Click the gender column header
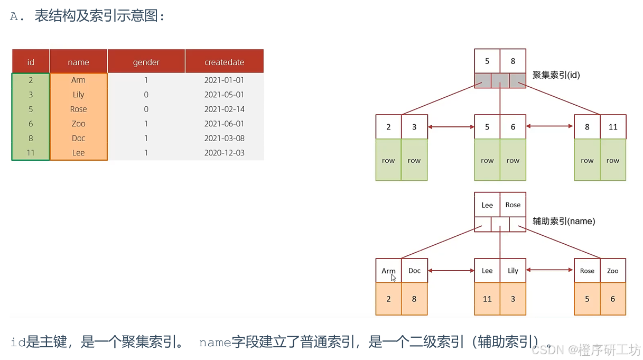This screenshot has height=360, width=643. click(146, 62)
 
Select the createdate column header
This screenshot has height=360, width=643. click(224, 62)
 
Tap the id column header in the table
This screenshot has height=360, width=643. click(31, 62)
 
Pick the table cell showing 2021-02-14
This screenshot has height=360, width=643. click(224, 109)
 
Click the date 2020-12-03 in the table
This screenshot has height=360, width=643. click(224, 153)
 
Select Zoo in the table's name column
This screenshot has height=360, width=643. click(78, 124)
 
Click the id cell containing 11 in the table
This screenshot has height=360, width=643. click(31, 153)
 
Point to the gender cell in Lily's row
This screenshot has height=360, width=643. click(146, 95)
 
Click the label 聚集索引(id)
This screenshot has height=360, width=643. click(556, 75)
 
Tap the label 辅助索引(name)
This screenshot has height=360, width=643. click(563, 221)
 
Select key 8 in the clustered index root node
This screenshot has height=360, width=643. click(512, 61)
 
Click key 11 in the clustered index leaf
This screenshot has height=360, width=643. click(613, 127)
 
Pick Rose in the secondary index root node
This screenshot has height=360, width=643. click(512, 205)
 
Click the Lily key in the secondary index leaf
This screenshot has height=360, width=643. click(512, 271)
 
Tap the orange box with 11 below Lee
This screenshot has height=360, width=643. click(487, 299)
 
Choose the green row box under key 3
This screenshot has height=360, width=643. click(414, 160)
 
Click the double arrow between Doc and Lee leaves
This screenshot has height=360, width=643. click(451, 271)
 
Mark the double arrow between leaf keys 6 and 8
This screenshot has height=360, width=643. click(549, 126)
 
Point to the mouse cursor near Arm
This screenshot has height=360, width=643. click(394, 277)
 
